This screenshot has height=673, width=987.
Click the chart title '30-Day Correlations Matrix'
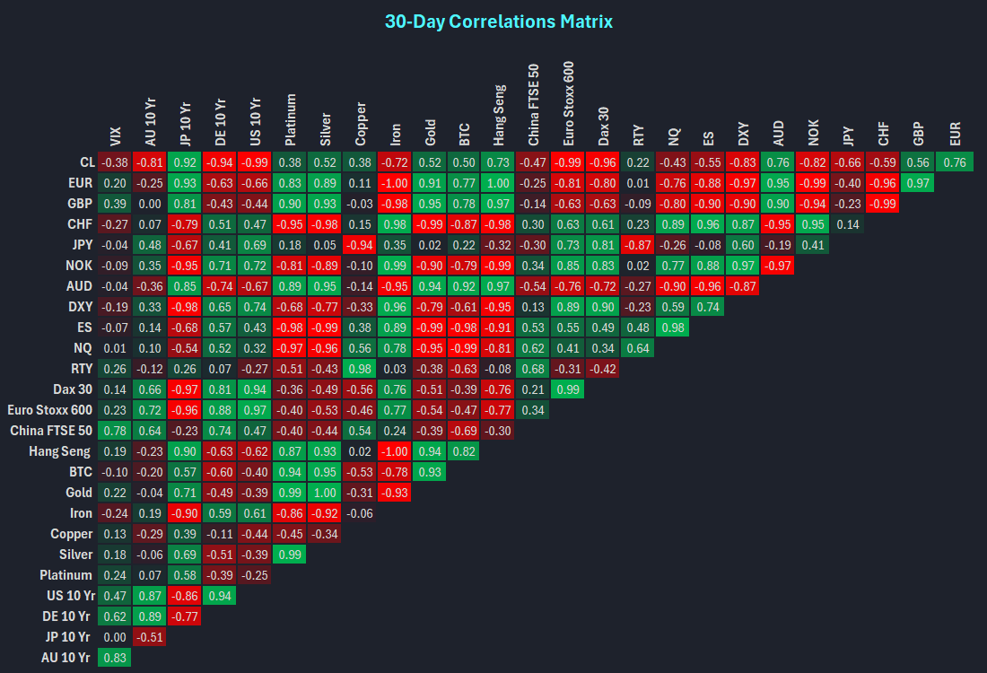click(499, 22)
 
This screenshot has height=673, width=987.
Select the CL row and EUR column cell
click(955, 162)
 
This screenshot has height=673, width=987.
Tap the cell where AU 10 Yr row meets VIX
click(115, 657)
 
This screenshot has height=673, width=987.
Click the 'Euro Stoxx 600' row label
click(49, 410)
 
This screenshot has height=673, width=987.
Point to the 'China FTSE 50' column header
click(533, 104)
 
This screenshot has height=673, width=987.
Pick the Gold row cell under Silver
click(325, 493)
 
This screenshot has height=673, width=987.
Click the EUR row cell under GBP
click(918, 182)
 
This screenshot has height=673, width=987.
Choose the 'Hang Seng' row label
click(59, 451)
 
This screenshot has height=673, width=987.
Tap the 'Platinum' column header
click(290, 119)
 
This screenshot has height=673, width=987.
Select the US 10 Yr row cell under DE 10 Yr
click(220, 596)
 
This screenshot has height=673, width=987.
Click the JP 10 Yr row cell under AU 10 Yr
click(150, 637)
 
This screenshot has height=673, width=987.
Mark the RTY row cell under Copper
click(360, 368)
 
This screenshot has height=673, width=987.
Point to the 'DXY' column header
click(744, 134)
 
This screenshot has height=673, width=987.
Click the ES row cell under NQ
click(673, 328)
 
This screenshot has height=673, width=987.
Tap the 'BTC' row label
click(81, 471)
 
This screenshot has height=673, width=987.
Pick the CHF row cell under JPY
click(848, 224)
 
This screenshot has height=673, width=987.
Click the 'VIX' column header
click(115, 136)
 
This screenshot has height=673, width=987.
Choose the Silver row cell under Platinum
click(290, 554)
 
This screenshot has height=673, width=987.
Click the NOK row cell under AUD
click(778, 265)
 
